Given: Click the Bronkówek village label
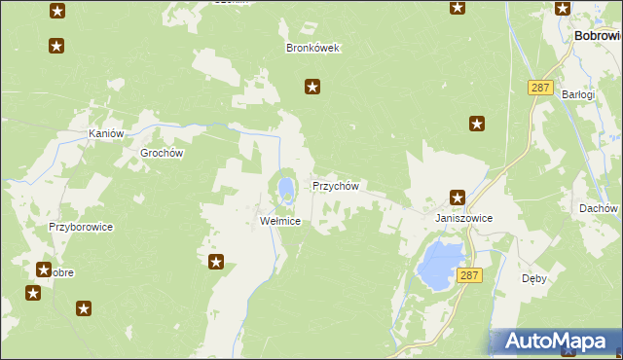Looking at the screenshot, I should (311, 48).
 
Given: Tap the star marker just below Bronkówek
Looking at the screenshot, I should (312, 88).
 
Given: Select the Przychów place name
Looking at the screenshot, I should (336, 185).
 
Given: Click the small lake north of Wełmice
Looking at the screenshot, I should (285, 186).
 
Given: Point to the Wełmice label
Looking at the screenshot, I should (279, 221).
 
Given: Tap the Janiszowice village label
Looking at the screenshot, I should (463, 219).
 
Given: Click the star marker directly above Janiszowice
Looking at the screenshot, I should (457, 197).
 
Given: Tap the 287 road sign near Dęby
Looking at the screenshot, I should (469, 276).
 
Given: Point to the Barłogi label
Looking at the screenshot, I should (577, 94).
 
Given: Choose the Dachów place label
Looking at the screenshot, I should (598, 208).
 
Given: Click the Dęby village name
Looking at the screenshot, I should (533, 277).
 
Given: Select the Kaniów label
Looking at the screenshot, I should (106, 133).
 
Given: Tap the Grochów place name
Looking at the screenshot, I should (162, 153).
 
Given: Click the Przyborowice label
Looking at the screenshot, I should (82, 227).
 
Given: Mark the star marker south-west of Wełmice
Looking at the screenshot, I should (216, 261).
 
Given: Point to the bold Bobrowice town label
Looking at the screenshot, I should (598, 35).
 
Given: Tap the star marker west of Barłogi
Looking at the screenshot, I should (477, 124).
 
